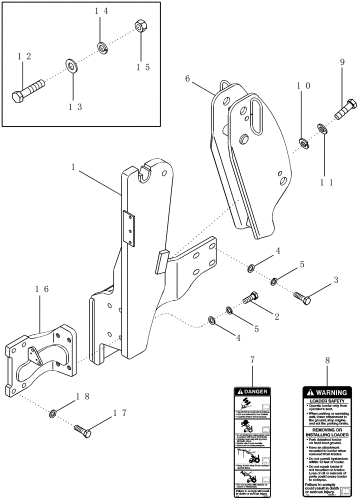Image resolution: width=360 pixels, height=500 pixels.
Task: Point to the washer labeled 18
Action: coord(52,414)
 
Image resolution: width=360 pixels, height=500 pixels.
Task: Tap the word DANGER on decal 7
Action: coord(256,392)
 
